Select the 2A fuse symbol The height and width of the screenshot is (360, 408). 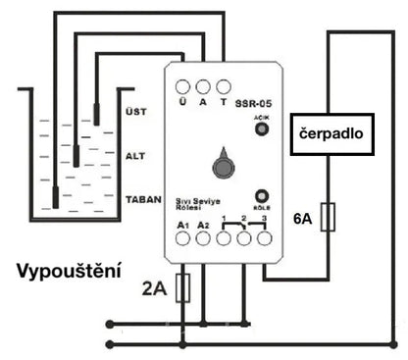click(x=181, y=287)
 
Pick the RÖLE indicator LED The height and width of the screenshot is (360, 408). click(x=262, y=196)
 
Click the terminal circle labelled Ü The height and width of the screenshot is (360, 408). click(x=182, y=86)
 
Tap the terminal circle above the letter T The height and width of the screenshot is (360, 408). click(x=225, y=86)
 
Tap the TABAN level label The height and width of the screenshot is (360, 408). click(x=143, y=199)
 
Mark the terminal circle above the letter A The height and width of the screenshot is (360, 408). click(x=203, y=86)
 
